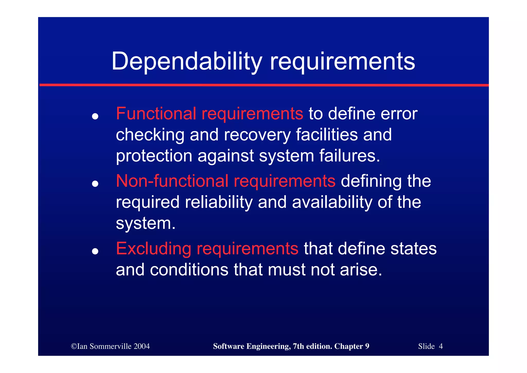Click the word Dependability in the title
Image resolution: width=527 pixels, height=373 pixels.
point(187,61)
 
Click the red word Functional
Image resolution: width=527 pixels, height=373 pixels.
point(156,113)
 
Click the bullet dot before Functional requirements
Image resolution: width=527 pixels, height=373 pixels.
point(95,116)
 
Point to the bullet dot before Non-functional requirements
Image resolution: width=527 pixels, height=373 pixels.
point(95,184)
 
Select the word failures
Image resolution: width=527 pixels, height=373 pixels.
point(349,156)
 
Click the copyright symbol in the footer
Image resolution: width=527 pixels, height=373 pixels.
point(74,346)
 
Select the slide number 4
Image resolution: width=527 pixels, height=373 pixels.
point(441,346)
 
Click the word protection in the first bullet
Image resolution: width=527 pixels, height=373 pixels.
point(154,156)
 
